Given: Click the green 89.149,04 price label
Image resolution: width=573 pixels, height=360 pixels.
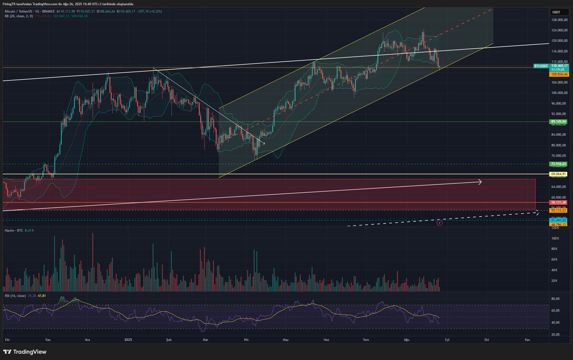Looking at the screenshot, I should pos(558,122).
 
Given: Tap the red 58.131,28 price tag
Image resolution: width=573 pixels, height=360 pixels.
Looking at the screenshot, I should pos(558,202).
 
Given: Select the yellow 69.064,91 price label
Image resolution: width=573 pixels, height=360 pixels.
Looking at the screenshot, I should pos(558,174).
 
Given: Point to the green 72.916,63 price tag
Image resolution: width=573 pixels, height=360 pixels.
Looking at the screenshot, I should pos(558,164).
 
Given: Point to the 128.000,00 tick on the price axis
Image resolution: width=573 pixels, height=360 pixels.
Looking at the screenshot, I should pos(558,20).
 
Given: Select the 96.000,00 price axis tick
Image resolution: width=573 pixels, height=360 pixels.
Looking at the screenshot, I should pos(558,104).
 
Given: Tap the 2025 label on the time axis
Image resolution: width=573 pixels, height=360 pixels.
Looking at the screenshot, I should pos(128,339).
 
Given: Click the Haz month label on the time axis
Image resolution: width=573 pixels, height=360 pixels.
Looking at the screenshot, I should pos(327,339).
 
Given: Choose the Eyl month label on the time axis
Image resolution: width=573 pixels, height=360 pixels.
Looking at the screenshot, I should pos(447,339).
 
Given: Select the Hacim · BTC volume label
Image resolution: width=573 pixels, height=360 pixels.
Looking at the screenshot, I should pos(13,230).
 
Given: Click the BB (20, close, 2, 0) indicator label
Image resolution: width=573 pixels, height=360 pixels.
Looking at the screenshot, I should pos(19,16).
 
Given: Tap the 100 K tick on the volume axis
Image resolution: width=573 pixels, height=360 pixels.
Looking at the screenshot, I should pos(555,238).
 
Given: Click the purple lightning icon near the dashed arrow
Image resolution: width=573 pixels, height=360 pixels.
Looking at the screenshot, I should pos(440,222).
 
